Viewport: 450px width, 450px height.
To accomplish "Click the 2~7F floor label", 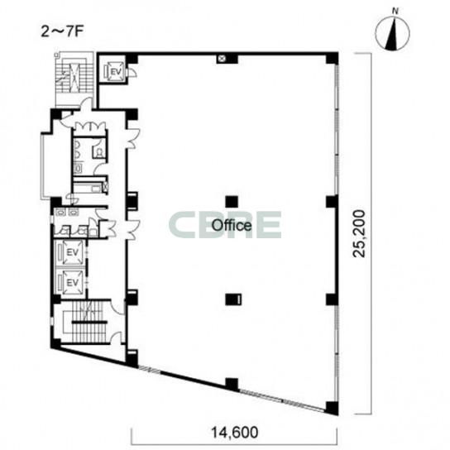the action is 62,32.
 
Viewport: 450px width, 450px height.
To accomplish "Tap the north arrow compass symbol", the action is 393,33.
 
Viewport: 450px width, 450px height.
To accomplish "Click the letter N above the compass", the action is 395,12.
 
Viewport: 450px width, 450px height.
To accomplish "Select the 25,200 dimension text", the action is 359,233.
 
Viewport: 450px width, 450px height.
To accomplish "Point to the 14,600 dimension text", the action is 234,432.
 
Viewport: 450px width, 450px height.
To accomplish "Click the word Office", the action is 232,226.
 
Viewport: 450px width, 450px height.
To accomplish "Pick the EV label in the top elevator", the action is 117,72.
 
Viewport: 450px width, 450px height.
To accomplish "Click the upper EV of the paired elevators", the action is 72,252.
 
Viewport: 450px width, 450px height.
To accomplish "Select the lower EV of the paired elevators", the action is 72,283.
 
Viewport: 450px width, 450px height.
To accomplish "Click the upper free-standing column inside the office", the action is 232,202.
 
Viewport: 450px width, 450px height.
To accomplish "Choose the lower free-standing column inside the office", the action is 233,299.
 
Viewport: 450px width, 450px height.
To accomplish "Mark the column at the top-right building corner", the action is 332,58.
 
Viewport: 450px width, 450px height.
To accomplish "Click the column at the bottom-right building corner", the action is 332,408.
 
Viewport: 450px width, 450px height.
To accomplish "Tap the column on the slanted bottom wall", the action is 232,385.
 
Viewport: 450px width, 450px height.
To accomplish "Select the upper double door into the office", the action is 133,138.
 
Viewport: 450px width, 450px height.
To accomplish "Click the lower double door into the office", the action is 133,230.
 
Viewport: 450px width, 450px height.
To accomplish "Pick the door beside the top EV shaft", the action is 132,72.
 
